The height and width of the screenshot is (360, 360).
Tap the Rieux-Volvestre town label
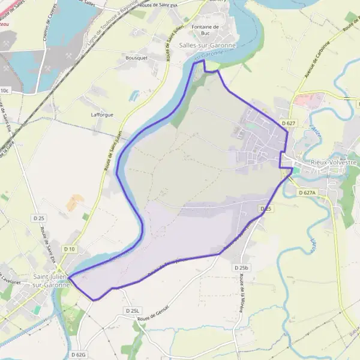pyautogui.click(x=334, y=162)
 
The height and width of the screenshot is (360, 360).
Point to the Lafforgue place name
pyautogui.click(x=101, y=114)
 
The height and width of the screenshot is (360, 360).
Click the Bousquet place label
pyautogui.click(x=136, y=58)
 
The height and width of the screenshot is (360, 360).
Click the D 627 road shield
pyautogui.click(x=289, y=123)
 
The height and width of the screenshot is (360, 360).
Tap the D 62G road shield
pyautogui.click(x=79, y=355)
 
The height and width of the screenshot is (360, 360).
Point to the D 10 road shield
pyautogui.click(x=70, y=249)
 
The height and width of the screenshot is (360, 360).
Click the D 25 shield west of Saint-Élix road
pyautogui.click(x=40, y=217)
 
